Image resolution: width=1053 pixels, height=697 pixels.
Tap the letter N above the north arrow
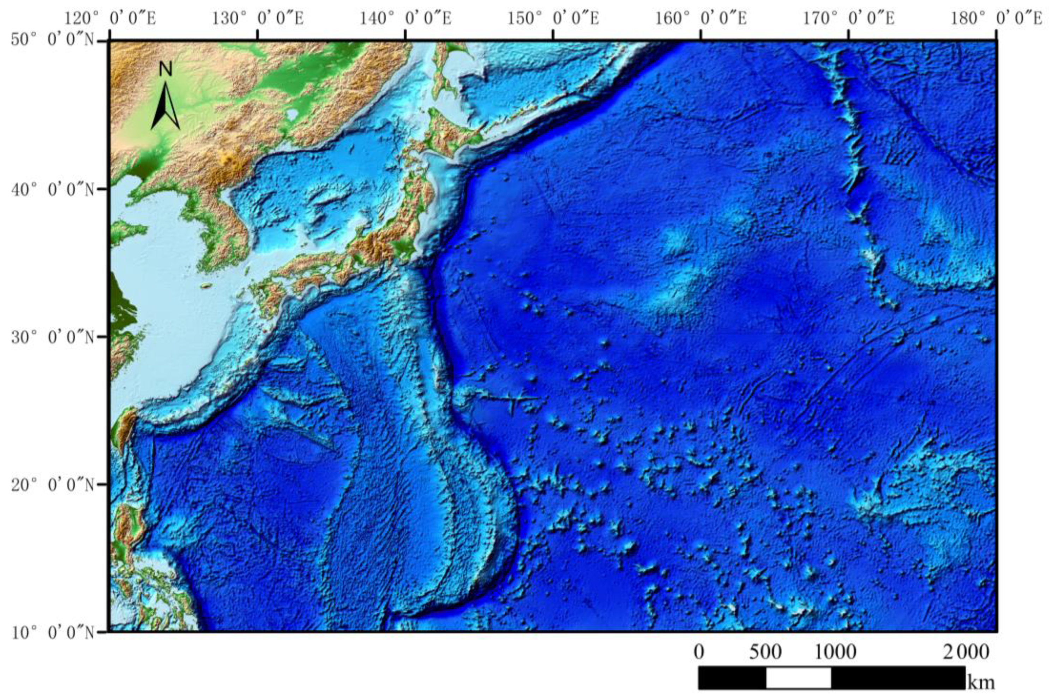tap(166, 69)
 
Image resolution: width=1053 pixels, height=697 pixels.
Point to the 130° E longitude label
tap(258, 19)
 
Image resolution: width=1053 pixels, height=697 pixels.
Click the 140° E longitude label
tap(406, 19)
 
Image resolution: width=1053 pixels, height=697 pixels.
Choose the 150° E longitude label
tap(553, 19)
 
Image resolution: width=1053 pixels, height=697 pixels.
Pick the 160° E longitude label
tap(702, 19)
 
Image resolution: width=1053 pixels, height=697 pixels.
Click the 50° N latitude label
tap(53, 41)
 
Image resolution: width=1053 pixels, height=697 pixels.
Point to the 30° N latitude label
tap(53, 337)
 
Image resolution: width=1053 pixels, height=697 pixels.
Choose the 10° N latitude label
tap(53, 632)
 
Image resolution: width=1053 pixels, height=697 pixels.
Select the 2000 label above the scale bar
tap(965, 652)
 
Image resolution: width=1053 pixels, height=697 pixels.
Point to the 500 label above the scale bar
tap(765, 652)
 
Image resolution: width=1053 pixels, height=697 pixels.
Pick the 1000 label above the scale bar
tap(836, 652)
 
